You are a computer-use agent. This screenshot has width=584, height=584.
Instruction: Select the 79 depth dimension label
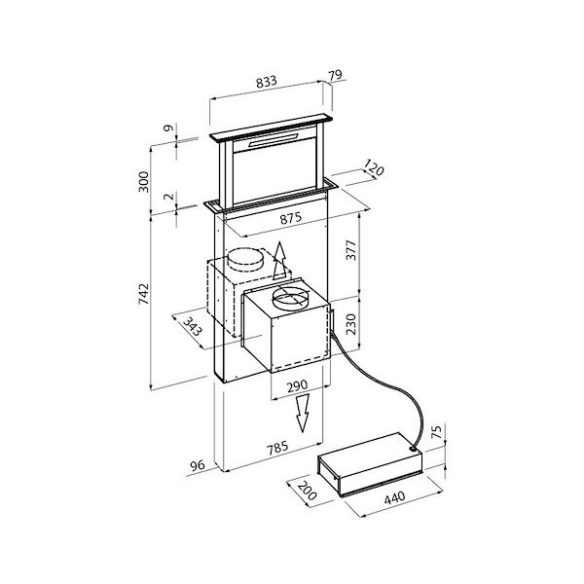point(338,75)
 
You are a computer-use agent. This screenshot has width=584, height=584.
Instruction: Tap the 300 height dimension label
point(144,182)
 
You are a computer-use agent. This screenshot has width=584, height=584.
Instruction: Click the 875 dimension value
point(290,220)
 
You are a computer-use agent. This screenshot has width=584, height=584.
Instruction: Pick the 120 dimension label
point(374,169)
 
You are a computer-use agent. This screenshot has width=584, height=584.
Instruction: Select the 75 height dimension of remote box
point(436,432)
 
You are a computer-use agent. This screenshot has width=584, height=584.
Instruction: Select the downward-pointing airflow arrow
point(303,414)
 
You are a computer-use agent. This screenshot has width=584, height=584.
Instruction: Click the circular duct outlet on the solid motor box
point(291,298)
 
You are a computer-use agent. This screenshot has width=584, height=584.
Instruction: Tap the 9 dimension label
point(168,128)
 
